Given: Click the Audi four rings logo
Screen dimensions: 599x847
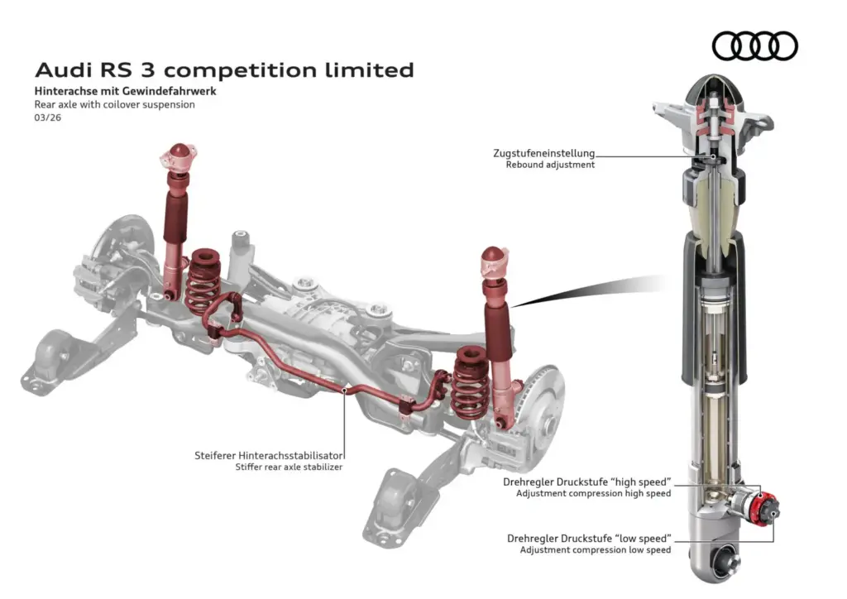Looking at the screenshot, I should click(x=754, y=46).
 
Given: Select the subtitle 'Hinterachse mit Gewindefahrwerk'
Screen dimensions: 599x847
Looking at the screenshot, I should click(x=125, y=91).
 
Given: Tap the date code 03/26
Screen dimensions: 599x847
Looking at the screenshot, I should click(x=47, y=117).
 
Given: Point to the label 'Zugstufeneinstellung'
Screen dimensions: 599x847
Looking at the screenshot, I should click(x=543, y=153).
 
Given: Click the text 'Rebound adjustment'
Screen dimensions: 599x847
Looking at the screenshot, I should click(x=550, y=165).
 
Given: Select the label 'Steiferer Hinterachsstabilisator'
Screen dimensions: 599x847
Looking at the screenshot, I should click(x=269, y=455).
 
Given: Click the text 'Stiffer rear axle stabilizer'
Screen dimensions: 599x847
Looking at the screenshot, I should click(x=289, y=467).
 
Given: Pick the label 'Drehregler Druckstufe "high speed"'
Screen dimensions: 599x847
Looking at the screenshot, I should click(x=586, y=482).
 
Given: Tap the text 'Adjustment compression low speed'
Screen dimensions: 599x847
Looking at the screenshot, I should click(x=595, y=549).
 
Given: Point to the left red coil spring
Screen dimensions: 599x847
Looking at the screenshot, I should click(x=203, y=280).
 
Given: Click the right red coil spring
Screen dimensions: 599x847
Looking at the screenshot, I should click(x=470, y=382).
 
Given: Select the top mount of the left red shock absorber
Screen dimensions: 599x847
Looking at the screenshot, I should click(x=179, y=156).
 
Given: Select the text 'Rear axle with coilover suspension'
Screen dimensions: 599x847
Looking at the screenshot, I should click(x=114, y=105).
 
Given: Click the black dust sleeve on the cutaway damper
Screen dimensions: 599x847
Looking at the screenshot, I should click(x=714, y=314).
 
